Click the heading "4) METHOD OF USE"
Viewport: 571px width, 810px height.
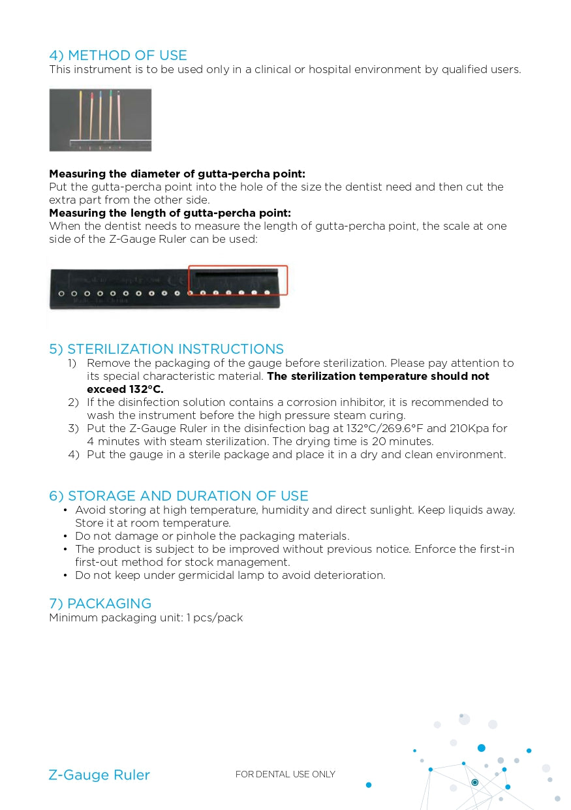(x=118, y=55)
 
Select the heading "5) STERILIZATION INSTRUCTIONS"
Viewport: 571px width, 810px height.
(x=166, y=349)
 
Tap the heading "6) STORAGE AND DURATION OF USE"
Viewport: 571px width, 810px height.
(x=178, y=496)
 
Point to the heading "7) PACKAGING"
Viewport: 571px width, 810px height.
(x=100, y=604)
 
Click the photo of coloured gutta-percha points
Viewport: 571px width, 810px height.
(x=100, y=120)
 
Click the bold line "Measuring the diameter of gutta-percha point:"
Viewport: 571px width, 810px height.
(x=177, y=174)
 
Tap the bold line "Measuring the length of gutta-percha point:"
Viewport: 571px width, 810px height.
(x=170, y=213)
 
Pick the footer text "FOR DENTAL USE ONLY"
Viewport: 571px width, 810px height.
(x=285, y=775)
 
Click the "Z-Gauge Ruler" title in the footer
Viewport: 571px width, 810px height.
(x=99, y=775)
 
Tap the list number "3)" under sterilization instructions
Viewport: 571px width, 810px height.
(x=73, y=428)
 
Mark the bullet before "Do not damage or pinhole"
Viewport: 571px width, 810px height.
(x=65, y=536)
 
